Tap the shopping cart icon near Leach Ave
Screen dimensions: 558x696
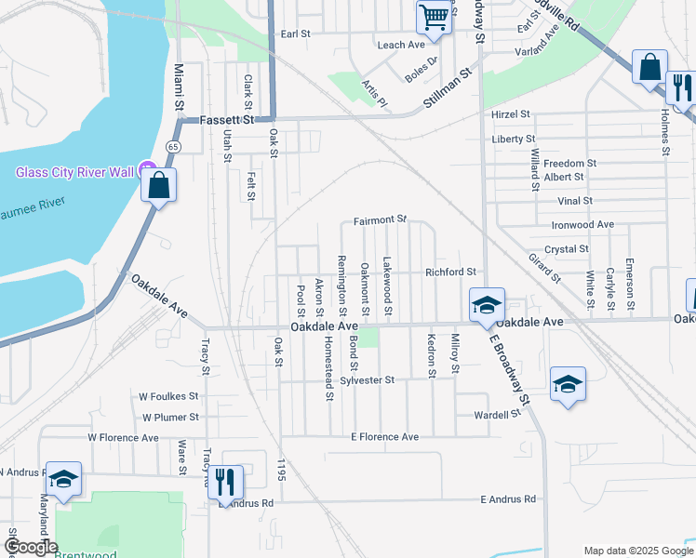click(433, 17)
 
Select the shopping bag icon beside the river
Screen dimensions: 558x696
click(159, 185)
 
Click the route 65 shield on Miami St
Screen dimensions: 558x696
click(173, 147)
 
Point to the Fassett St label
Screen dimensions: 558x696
click(228, 121)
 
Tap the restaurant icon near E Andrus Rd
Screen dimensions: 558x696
click(225, 481)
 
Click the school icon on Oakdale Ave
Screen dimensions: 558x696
click(486, 305)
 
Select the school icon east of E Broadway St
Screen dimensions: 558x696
click(568, 383)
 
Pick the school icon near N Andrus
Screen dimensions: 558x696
click(62, 479)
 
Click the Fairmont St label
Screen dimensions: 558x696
click(381, 220)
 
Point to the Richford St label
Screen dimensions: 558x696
click(450, 272)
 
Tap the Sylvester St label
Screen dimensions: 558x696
click(368, 380)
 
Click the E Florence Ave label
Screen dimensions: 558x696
click(384, 436)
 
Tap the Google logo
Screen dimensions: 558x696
click(31, 547)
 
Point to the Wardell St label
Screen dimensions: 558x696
click(495, 415)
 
